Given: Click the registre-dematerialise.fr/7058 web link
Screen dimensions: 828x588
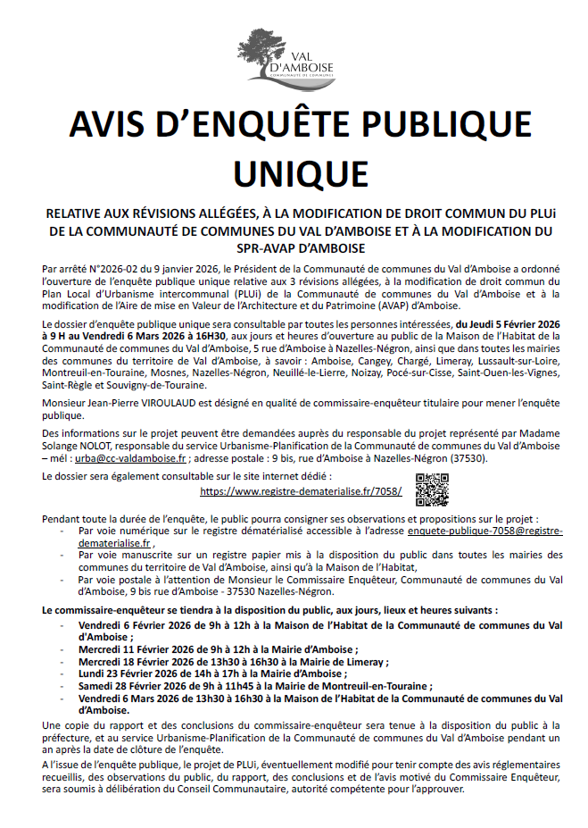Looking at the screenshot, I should click(301, 491).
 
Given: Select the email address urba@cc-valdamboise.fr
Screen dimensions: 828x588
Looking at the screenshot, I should click(130, 457).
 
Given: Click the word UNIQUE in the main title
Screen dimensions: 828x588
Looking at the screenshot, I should click(294, 169).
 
